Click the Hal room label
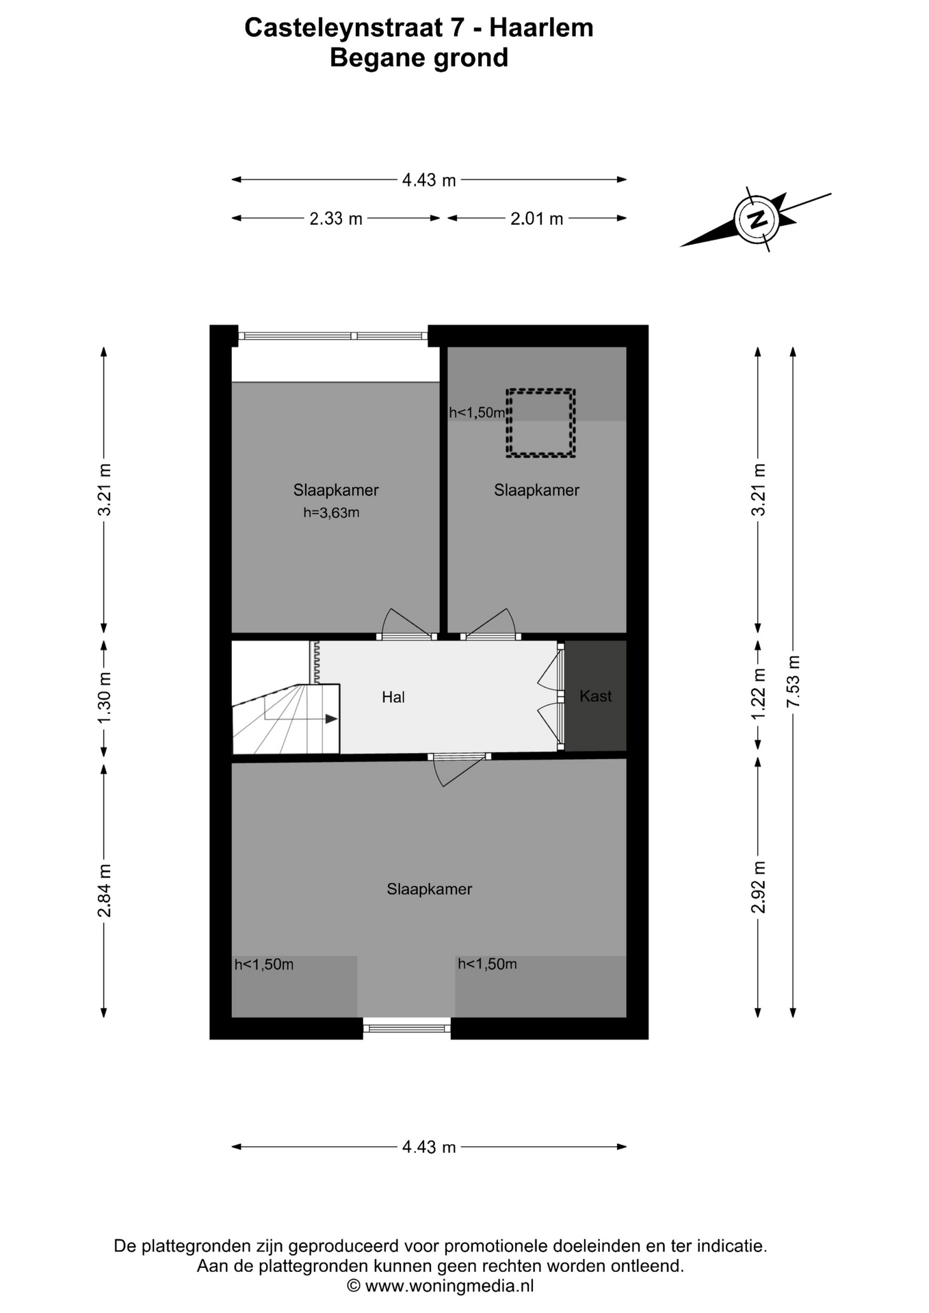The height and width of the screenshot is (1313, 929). coord(393,697)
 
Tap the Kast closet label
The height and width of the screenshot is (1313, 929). coord(595,696)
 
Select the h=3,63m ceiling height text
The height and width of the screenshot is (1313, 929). coord(331,513)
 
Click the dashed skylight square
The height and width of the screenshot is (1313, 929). coord(540,423)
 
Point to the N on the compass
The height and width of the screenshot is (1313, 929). coord(757,220)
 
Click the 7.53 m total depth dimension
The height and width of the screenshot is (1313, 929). coord(794,682)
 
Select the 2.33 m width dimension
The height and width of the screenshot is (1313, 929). coord(336,219)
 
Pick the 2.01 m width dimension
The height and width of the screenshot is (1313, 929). coord(537,219)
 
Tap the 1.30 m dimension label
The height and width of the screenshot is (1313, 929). coord(104,698)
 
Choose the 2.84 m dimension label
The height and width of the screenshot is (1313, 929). coord(104,890)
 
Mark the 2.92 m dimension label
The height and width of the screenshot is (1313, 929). coord(758,887)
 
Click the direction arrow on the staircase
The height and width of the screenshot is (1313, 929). coord(302,719)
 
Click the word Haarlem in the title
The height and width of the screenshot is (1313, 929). coord(541,27)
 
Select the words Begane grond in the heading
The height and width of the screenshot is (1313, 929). coord(419,57)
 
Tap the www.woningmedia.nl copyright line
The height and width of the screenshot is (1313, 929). coord(440,1286)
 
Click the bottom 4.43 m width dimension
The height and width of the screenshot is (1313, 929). coord(429,1147)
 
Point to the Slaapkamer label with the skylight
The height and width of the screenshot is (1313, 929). coord(537,490)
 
